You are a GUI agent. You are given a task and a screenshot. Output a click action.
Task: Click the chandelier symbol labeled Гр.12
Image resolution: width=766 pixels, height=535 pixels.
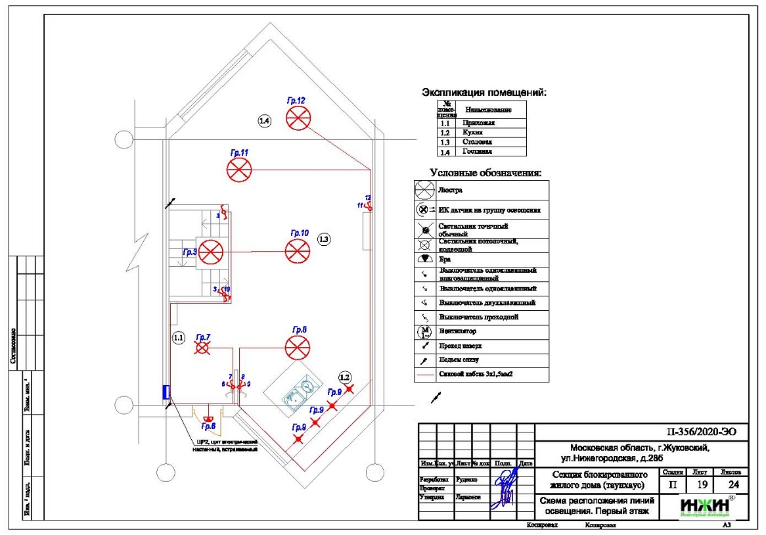298,119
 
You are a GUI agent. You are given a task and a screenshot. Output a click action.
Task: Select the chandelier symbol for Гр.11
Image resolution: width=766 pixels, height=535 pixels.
239,170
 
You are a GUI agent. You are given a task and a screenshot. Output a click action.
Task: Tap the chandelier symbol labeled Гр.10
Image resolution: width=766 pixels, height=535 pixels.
297,251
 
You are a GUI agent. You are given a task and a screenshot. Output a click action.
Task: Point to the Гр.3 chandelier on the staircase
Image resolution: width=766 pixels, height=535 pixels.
212,252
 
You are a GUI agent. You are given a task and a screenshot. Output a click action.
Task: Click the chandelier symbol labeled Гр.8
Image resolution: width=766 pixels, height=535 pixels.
297,348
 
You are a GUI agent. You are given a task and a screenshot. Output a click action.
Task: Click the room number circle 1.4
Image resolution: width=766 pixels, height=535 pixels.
264,121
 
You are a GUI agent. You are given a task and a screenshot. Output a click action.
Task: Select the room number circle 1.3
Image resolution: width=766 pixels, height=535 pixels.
323,239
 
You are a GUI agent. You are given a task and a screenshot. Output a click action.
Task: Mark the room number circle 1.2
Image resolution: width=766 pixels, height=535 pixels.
345,377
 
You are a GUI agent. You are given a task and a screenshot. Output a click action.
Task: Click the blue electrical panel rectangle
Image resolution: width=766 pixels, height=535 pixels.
166,392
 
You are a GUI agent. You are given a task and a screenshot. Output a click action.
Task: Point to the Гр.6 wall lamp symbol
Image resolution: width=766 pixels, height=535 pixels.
208,419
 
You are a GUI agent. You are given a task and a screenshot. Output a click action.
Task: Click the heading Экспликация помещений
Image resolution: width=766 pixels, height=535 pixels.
484,93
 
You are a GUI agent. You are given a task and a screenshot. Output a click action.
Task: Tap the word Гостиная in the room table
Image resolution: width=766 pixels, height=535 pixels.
477,151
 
